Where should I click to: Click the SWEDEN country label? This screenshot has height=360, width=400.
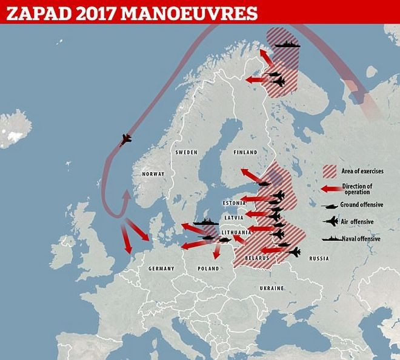point(186,153)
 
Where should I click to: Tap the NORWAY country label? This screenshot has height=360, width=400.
point(152,174)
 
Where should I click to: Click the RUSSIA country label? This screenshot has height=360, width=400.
point(318,258)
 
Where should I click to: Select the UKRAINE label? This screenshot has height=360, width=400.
point(272,287)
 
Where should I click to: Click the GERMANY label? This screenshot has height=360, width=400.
point(161,268)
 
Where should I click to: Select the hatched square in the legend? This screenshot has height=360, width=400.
point(330,171)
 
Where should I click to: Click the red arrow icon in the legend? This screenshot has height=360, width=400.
point(330,188)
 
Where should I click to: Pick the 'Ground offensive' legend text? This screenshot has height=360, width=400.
point(361,205)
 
